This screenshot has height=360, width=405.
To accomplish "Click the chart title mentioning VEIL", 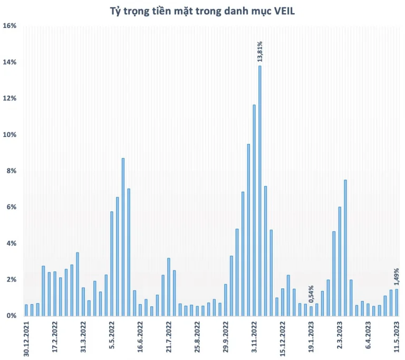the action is click(202, 11).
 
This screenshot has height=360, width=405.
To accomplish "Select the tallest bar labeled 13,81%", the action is click(260, 191).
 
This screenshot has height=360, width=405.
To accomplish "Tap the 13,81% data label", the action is click(259, 52).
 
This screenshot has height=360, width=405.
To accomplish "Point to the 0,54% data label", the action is click(311, 294).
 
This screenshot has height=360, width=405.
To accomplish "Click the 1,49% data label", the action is click(397, 277).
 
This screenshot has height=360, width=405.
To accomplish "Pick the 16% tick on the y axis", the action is click(9, 26).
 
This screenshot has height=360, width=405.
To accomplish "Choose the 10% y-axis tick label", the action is click(9, 134).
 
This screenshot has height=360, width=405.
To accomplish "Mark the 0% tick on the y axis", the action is click(12, 316).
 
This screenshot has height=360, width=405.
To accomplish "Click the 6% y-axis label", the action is click(12, 207).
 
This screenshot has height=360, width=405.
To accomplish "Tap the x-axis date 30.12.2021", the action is click(26, 339).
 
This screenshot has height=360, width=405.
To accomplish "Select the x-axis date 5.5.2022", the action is click(112, 335).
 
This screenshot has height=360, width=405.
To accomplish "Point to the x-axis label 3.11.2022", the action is click(254, 337).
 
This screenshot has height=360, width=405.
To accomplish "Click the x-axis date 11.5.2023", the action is click(397, 337).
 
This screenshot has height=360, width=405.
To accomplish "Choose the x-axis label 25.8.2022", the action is click(197, 337).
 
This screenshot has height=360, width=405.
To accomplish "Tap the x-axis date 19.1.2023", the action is click(311, 337).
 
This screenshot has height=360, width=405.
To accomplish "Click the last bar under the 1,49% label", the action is click(397, 303).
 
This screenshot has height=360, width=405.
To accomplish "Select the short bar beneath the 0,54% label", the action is click(311, 312).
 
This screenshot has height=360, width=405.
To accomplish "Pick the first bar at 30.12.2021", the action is click(26, 310).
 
